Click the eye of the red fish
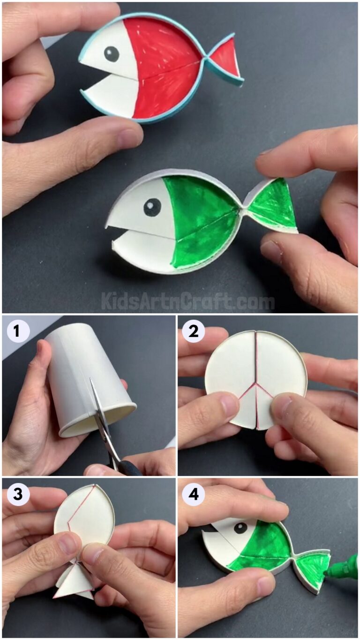[x=111, y=54]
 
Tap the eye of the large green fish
[x=152, y=207]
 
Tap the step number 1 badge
[x=17, y=331]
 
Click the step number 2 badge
[x=193, y=331]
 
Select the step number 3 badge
[x=17, y=494]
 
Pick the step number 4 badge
[x=193, y=494]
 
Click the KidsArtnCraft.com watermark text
[x=187, y=301]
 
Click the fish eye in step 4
[x=240, y=528]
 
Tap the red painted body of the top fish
[x=164, y=70]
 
